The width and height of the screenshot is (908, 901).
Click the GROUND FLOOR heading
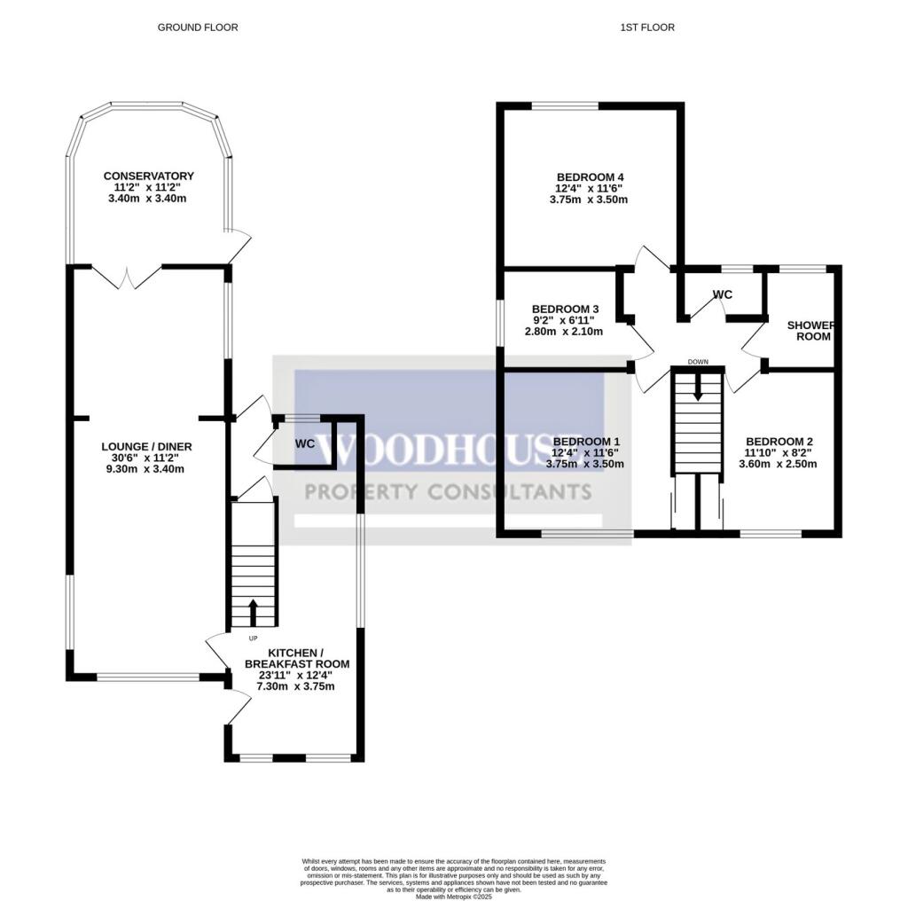click(x=198, y=27)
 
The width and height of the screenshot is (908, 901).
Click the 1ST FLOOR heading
click(x=646, y=27)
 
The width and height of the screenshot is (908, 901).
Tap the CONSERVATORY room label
click(x=148, y=176)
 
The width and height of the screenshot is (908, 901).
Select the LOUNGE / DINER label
click(x=146, y=446)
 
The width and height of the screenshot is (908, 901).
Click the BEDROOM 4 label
click(x=590, y=176)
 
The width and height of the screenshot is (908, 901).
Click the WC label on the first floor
click(x=722, y=294)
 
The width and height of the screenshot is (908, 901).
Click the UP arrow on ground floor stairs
click(x=253, y=613)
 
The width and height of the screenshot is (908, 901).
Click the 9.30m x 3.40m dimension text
click(x=146, y=470)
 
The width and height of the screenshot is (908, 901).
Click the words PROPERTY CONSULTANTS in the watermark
click(x=447, y=492)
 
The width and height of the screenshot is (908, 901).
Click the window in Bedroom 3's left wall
click(x=499, y=321)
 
